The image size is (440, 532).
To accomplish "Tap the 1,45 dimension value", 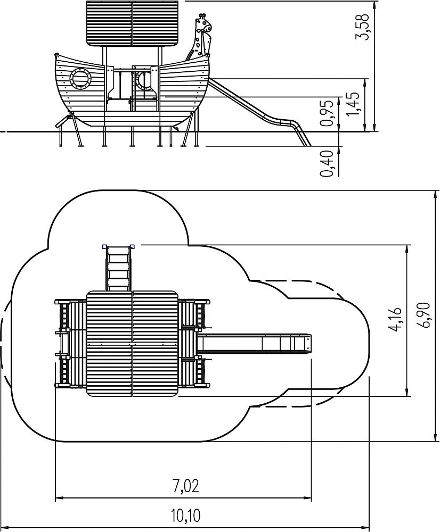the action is [353, 104].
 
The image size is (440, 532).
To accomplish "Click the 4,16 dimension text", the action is [396, 320].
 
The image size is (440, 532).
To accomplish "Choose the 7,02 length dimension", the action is [185, 486].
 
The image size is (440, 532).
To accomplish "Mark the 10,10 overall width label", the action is [185, 516].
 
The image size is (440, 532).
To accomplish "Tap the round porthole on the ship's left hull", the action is [81, 78].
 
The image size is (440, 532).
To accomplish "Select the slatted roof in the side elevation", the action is [133, 23].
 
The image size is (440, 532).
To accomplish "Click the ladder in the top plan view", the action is [118, 268].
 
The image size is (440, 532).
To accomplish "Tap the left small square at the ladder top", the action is [104, 246].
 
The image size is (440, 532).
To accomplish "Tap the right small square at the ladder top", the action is [133, 246].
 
